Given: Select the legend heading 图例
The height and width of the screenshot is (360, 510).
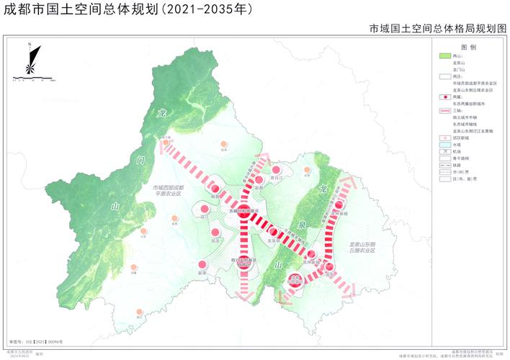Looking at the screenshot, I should [x=469, y=46].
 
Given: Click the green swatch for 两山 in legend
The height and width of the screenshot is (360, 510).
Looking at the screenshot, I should [x=444, y=55].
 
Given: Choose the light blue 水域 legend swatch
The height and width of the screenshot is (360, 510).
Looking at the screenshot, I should [x=444, y=145].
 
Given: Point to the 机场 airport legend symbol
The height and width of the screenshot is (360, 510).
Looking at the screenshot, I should [x=444, y=152].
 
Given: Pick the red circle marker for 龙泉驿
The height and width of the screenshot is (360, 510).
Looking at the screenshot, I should [x=273, y=232].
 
